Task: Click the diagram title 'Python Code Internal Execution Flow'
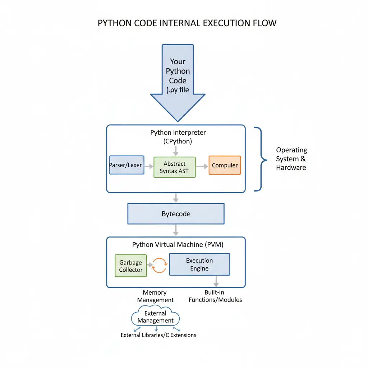tap(187, 23)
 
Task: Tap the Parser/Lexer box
tap(126, 165)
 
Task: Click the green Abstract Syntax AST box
tap(174, 167)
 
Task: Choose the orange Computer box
tap(225, 165)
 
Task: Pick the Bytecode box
tap(176, 214)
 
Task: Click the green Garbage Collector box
tap(131, 266)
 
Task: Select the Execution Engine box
tap(199, 264)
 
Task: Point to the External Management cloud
tap(155, 317)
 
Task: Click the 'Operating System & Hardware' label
tap(291, 158)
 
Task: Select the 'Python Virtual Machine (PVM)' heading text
tap(178, 245)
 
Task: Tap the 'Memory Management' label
tap(155, 296)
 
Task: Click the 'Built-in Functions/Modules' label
tap(215, 296)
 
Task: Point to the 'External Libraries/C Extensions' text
tap(158, 335)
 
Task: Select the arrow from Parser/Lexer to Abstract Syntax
tap(149, 166)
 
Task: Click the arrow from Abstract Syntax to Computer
tap(202, 166)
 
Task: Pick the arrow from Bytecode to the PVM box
tap(176, 230)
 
